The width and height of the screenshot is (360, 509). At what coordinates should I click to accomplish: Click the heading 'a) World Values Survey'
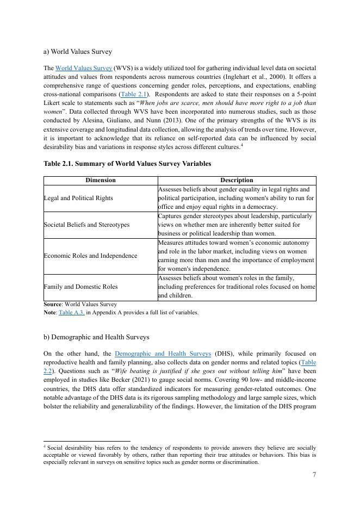tap(78, 52)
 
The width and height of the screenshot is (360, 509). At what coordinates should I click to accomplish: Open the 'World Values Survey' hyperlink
tap(84, 68)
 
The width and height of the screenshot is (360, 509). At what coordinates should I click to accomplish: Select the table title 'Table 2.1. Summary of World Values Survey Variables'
tap(127, 163)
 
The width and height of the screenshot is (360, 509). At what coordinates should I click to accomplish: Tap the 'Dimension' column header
tap(101, 180)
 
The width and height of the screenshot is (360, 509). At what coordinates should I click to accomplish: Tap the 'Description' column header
tap(237, 180)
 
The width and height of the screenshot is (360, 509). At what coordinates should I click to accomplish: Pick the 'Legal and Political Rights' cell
tap(78, 198)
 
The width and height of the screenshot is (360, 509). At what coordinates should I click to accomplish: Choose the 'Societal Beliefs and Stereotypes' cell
tap(86, 225)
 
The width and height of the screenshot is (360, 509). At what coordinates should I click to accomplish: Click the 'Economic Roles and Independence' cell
tap(90, 256)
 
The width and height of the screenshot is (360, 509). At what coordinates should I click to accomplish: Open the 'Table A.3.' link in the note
tap(71, 313)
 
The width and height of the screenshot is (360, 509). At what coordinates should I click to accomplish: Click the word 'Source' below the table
tap(52, 305)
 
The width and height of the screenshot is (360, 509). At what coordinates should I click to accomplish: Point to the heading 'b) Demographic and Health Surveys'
tap(96, 337)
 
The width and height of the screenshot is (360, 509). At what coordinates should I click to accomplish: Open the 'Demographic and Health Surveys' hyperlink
tap(163, 354)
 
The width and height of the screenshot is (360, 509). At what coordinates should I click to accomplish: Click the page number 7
tap(314, 475)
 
